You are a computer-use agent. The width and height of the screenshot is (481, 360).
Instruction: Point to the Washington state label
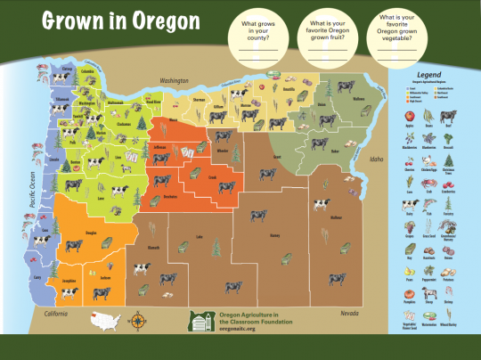(175, 80)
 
